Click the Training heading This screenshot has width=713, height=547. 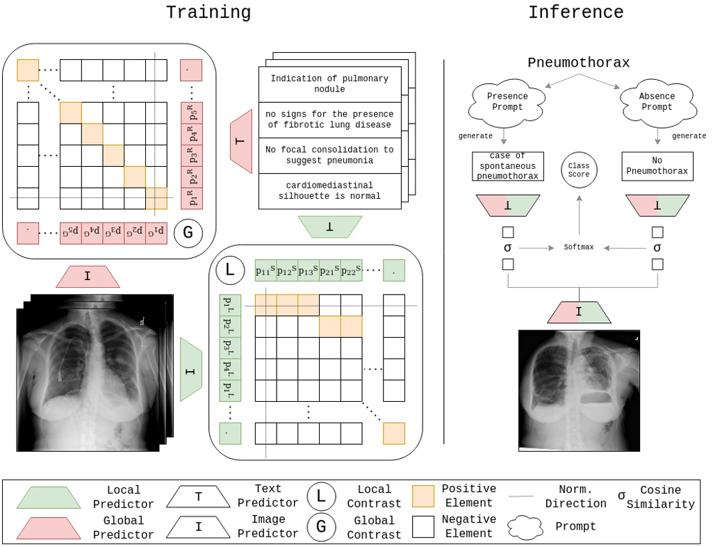(x=208, y=12)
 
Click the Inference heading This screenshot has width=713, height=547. (x=575, y=12)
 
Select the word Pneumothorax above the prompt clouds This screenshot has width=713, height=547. (x=578, y=63)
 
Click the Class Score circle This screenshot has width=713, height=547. (x=578, y=170)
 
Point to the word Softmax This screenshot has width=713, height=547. (x=578, y=247)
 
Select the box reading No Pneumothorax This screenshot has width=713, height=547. (x=657, y=166)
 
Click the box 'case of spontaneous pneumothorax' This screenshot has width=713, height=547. (x=507, y=166)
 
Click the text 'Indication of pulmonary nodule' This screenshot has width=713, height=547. (x=329, y=84)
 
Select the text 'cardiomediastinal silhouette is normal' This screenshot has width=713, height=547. (x=329, y=190)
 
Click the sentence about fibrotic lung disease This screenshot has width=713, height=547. (x=329, y=120)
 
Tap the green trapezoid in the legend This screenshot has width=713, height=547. (x=48, y=497)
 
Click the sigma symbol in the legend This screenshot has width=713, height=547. (x=621, y=496)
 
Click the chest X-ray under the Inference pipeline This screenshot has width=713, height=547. (x=578, y=390)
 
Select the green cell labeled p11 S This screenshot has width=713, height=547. (x=265, y=271)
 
